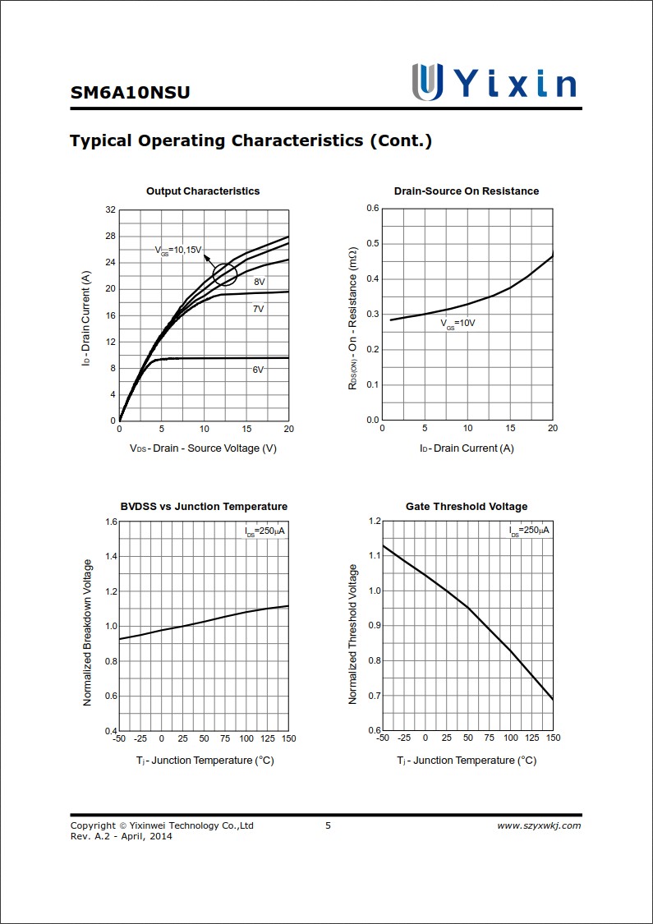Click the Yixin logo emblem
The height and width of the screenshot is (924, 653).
click(x=427, y=82)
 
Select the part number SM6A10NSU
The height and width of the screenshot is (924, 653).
click(x=130, y=92)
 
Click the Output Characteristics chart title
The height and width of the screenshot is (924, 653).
click(x=203, y=191)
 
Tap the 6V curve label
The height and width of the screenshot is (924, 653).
click(x=258, y=370)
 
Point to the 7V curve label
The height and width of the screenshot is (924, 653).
click(x=258, y=310)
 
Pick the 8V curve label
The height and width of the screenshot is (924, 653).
click(x=259, y=282)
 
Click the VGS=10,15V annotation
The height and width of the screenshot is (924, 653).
click(x=178, y=250)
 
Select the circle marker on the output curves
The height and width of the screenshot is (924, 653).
click(x=225, y=274)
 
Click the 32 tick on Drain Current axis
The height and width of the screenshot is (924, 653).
click(x=110, y=210)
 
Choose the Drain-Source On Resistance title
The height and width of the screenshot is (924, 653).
click(x=467, y=191)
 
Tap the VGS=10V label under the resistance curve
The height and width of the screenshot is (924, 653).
click(x=458, y=324)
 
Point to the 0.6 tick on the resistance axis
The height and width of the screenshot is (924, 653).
click(x=373, y=209)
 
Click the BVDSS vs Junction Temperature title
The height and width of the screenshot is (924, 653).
click(x=204, y=507)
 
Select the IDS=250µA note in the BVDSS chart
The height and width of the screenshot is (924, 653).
click(x=265, y=531)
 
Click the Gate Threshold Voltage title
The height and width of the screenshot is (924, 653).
click(x=467, y=507)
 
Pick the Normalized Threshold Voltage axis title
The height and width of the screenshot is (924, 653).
click(x=353, y=634)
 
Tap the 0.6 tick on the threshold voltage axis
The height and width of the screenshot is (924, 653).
click(x=375, y=730)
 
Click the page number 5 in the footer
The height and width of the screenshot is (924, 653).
click(x=328, y=825)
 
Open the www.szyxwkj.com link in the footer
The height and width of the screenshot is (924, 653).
click(x=539, y=825)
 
